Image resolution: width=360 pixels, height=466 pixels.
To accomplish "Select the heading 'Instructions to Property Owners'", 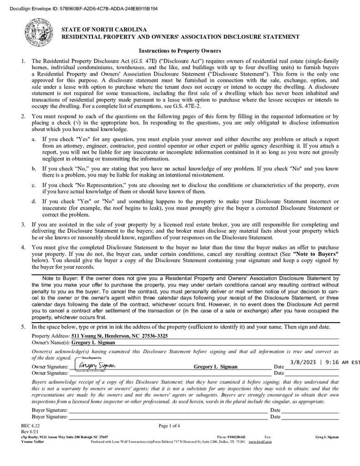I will [180, 51].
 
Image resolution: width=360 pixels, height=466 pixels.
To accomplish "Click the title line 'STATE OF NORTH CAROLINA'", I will [104, 30].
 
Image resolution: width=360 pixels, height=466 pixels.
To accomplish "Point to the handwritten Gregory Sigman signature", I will [97, 365].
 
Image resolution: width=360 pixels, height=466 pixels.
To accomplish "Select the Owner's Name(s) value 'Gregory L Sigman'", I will [93, 343].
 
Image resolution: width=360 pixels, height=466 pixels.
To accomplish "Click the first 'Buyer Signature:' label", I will [50, 410].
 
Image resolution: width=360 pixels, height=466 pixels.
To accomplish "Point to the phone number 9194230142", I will [237, 436].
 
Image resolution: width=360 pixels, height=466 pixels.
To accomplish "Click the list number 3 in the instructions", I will [23, 224].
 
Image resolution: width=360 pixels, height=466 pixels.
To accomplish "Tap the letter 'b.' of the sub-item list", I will [34, 169].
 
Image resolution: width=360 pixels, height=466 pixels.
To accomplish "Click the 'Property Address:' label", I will [47, 336].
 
